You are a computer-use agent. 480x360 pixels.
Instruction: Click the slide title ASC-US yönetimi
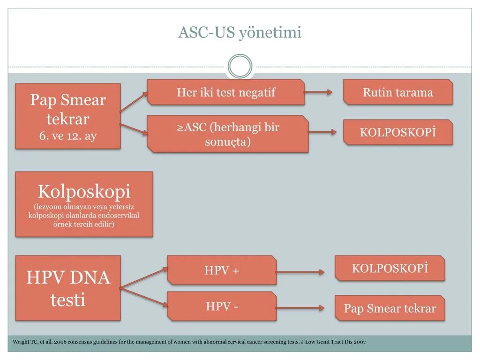(240, 32)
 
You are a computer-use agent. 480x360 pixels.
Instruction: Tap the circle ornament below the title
(240, 67)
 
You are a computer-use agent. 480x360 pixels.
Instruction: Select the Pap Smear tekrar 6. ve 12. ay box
(68, 116)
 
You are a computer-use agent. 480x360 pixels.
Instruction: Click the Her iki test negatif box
(226, 92)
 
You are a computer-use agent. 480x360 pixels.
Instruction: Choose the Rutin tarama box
(398, 92)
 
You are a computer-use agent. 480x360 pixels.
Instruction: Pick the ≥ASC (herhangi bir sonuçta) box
(228, 134)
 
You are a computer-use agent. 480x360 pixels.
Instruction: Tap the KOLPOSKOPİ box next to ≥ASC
(398, 132)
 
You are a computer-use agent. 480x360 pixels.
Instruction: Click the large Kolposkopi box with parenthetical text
(84, 204)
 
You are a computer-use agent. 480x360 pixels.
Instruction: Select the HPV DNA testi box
(68, 288)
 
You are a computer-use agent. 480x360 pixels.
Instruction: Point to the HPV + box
(222, 270)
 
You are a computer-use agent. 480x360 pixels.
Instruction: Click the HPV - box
(222, 307)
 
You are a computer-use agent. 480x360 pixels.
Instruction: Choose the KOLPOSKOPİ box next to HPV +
(390, 268)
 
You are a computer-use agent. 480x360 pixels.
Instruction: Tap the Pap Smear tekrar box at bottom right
(390, 308)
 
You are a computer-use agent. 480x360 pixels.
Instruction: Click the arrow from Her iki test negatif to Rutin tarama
(318, 92)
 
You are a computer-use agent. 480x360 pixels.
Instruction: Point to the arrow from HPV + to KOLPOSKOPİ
(300, 272)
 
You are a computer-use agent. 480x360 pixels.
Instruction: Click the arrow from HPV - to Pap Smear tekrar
(300, 308)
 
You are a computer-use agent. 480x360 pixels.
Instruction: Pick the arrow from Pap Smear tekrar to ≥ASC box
(134, 129)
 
